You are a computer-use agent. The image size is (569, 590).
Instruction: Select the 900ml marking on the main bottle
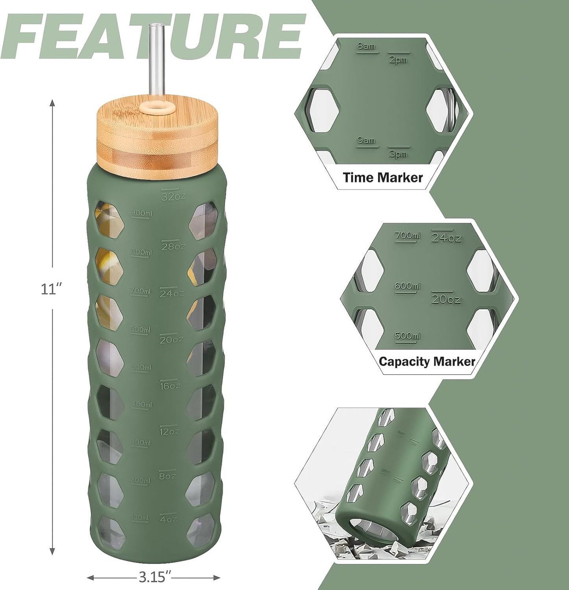(x=141, y=213)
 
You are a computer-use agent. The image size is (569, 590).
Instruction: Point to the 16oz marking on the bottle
(x=169, y=386)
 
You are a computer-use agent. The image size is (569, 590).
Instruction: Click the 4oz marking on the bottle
(x=168, y=519)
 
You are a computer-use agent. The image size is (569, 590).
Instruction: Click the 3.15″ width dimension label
(x=154, y=577)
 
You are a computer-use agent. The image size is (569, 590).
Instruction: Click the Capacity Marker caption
(x=427, y=361)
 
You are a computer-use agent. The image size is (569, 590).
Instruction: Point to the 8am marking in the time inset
(x=366, y=47)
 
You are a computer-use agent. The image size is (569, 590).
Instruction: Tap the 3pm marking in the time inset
(x=398, y=154)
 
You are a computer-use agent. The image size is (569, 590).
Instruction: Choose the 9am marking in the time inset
(x=366, y=140)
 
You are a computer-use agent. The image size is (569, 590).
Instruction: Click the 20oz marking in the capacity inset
(x=446, y=300)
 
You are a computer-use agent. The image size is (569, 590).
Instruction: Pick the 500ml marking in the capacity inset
(x=407, y=336)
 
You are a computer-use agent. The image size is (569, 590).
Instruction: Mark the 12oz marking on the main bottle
(x=169, y=432)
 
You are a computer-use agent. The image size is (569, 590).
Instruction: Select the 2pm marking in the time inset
(x=398, y=60)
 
